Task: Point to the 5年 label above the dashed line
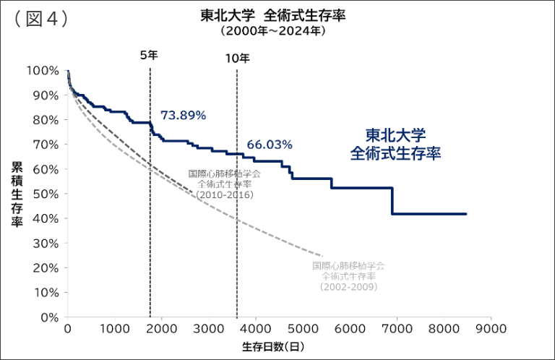point(149,56)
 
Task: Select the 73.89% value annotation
point(183,116)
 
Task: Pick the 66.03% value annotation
point(270,145)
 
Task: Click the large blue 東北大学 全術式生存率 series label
point(395,145)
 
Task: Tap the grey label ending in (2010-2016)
point(224,184)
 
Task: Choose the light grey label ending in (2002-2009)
point(348,276)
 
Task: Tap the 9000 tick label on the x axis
point(491,329)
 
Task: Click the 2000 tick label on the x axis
point(161,329)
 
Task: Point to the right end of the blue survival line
point(466,214)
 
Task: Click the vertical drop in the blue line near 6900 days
point(392,201)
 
